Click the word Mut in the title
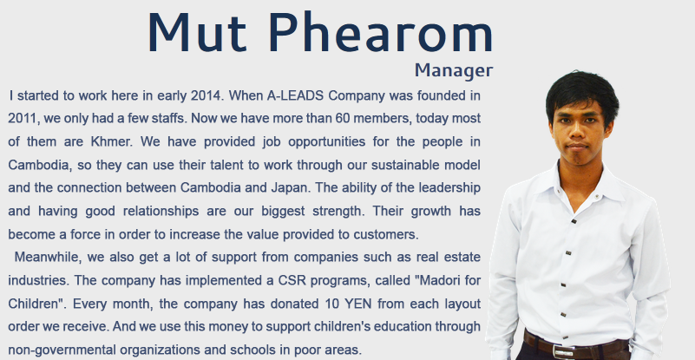tap(197, 32)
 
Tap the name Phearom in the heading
tap(381, 32)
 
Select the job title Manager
tap(454, 70)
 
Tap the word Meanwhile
tap(48, 257)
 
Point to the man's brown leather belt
tap(576, 347)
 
